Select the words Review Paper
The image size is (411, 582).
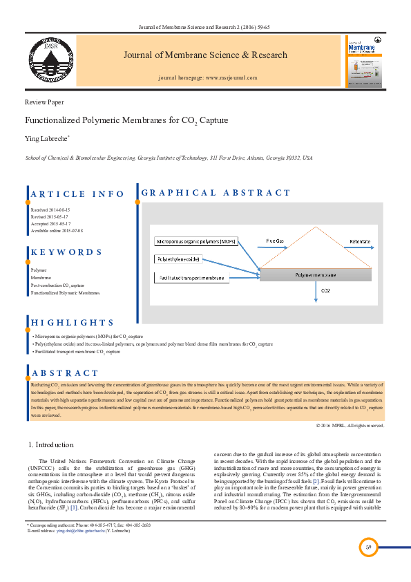point(44,101)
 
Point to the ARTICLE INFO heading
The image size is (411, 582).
point(77,194)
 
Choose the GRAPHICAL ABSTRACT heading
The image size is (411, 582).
point(216,193)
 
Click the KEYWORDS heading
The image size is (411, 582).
point(66,252)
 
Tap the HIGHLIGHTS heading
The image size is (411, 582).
point(72,323)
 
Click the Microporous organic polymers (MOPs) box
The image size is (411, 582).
point(196,242)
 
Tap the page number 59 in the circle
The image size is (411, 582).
point(370,547)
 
